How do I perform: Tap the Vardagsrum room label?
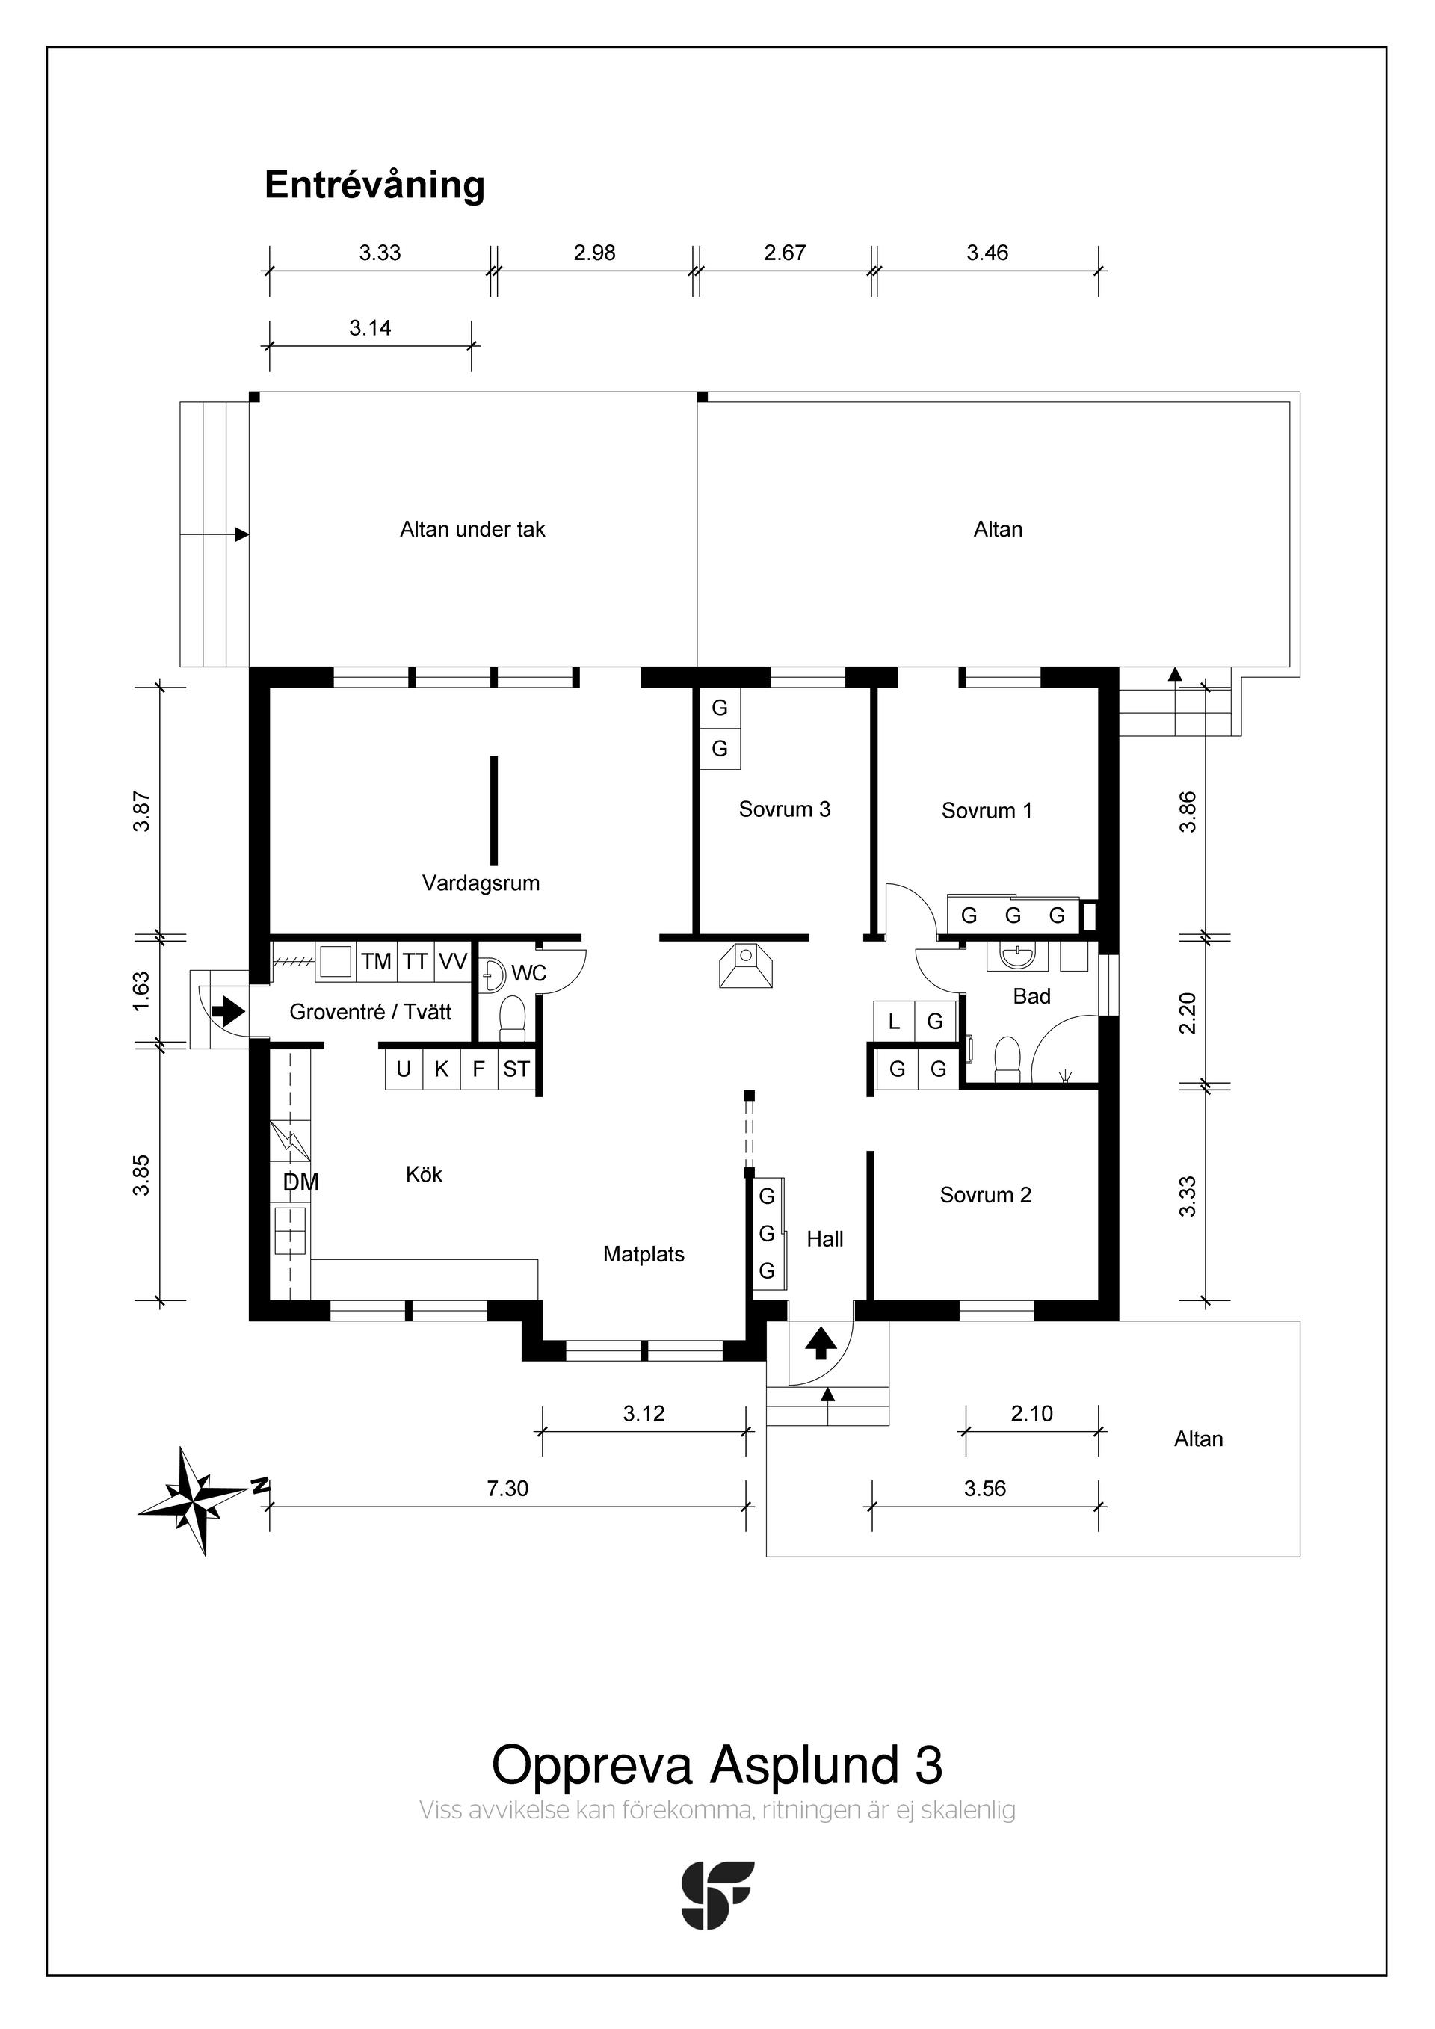pyautogui.click(x=481, y=883)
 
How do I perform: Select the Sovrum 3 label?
pyautogui.click(x=785, y=809)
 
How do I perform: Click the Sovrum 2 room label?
pyautogui.click(x=986, y=1196)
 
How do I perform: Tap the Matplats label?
pyautogui.click(x=644, y=1255)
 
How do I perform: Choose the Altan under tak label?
pyautogui.click(x=473, y=530)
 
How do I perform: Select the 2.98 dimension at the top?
pyautogui.click(x=595, y=253)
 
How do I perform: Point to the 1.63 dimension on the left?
pyautogui.click(x=141, y=992)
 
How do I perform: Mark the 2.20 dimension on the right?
pyautogui.click(x=1188, y=1013)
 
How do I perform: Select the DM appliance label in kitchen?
pyautogui.click(x=301, y=1183)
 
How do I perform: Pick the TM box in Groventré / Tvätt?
pyautogui.click(x=377, y=962)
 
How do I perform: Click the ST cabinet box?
pyautogui.click(x=517, y=1069)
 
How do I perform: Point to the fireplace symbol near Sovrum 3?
pyautogui.click(x=747, y=965)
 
